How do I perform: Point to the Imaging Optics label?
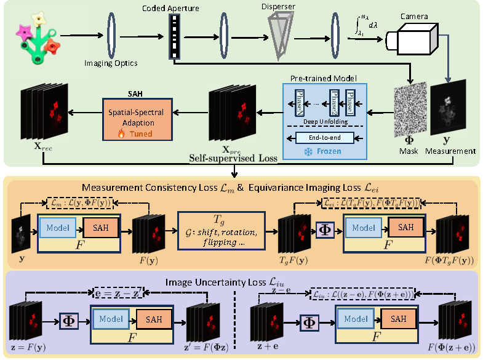coord(110,62)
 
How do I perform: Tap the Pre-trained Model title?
coord(323,79)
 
